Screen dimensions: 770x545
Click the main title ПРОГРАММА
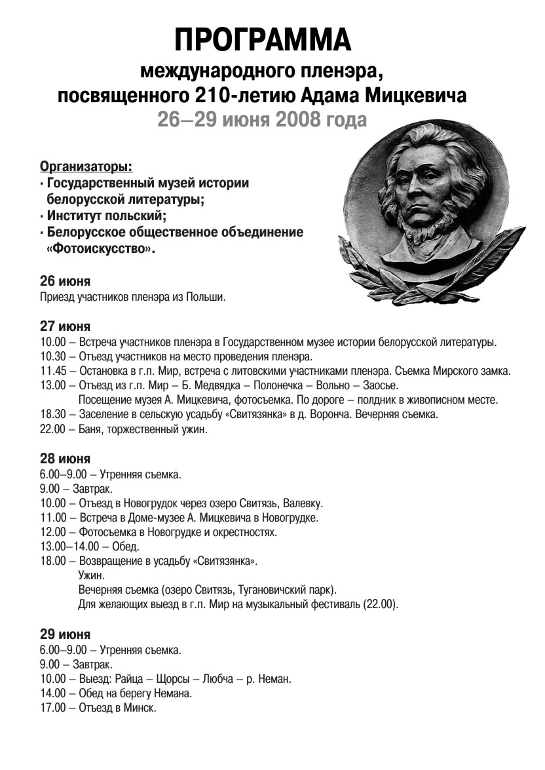point(263,40)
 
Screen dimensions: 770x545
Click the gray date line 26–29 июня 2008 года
point(262,121)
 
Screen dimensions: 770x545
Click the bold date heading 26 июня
point(66,281)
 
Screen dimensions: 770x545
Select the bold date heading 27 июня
point(66,326)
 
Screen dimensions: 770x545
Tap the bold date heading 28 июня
point(66,458)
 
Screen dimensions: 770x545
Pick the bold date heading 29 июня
point(66,634)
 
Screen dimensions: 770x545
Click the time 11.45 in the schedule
point(52,371)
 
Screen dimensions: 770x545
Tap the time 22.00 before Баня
point(52,430)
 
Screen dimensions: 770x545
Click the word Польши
point(207,297)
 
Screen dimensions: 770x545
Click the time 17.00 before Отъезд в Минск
point(52,708)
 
